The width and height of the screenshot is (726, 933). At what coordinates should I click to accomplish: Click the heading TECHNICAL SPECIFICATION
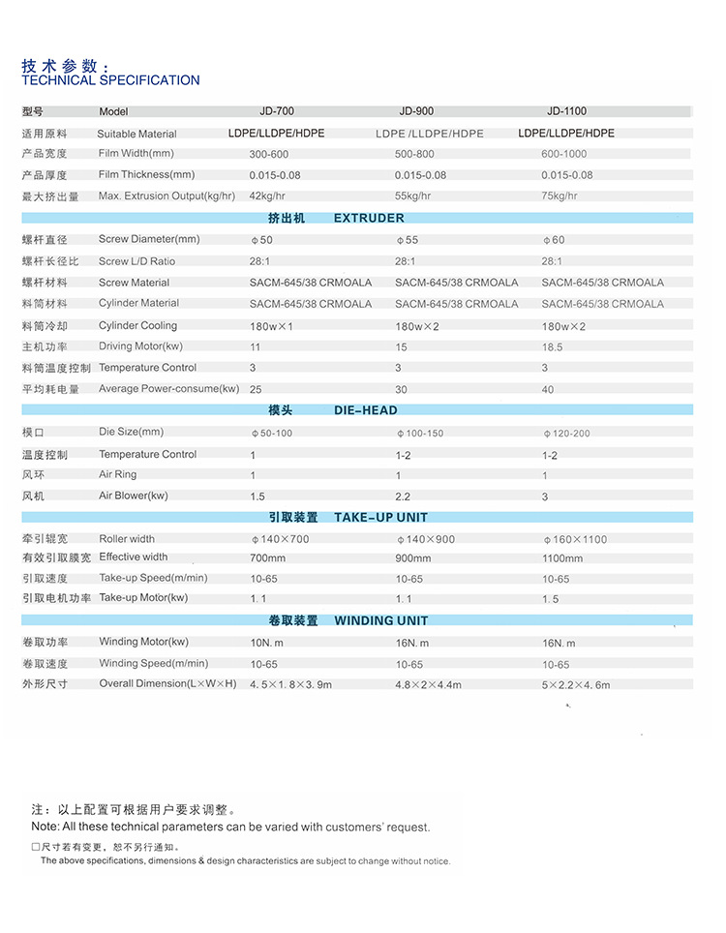(110, 80)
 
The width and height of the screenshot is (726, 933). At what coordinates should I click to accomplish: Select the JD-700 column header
(276, 111)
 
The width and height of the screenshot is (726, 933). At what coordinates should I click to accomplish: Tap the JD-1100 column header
(565, 111)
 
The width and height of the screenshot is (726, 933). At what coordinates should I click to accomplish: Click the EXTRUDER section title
(369, 218)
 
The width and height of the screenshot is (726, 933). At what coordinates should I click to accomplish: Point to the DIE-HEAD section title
(366, 410)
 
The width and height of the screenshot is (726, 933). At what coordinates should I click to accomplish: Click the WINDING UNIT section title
(380, 620)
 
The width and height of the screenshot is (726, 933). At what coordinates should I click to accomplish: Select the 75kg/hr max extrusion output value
(560, 196)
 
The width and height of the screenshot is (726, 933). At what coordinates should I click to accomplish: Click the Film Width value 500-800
(414, 154)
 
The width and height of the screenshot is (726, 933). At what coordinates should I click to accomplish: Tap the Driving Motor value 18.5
(552, 346)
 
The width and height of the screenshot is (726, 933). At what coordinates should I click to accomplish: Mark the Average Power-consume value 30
(401, 389)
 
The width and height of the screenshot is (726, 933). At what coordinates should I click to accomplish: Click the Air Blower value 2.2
(404, 497)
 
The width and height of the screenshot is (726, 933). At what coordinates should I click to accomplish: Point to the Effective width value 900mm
(413, 558)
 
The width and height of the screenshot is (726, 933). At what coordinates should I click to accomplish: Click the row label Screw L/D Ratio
(136, 261)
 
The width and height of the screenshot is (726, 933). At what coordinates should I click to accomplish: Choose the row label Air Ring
(117, 474)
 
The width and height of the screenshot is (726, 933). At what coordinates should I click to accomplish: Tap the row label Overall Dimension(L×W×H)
(167, 683)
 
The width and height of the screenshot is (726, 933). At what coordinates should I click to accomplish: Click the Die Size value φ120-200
(566, 433)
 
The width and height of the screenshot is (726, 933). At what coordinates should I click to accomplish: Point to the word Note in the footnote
(44, 827)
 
